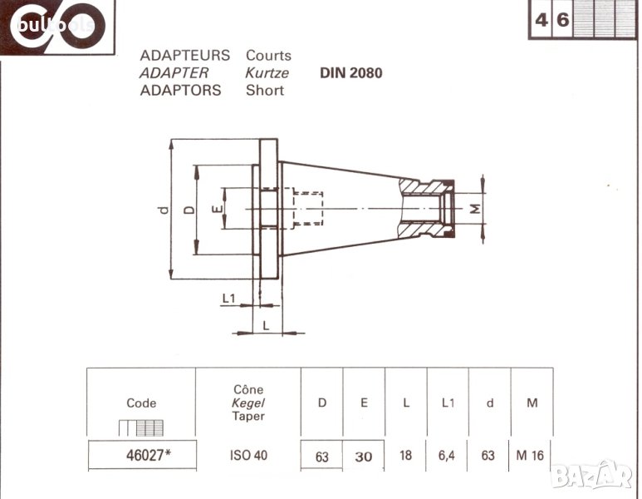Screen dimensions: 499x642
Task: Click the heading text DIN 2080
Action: (350, 72)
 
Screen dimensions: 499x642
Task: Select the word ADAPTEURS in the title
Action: (184, 56)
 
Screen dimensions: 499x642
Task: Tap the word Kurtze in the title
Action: (267, 73)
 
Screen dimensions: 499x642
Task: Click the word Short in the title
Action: (264, 90)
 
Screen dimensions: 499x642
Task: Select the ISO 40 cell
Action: (248, 455)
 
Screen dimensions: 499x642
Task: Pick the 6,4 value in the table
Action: (448, 455)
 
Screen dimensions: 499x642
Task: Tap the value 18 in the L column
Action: (405, 455)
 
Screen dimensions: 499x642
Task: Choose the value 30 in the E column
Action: (363, 456)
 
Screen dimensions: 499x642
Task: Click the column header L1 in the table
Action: (448, 403)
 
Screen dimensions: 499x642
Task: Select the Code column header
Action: (141, 403)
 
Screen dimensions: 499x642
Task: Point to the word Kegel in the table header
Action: (248, 403)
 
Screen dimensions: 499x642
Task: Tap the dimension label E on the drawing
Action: (216, 210)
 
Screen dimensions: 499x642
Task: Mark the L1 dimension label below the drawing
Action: (229, 298)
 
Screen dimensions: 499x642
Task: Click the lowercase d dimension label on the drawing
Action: (163, 210)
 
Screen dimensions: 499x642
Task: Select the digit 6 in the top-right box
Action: (562, 20)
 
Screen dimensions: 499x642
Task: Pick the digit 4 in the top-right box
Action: (542, 20)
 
